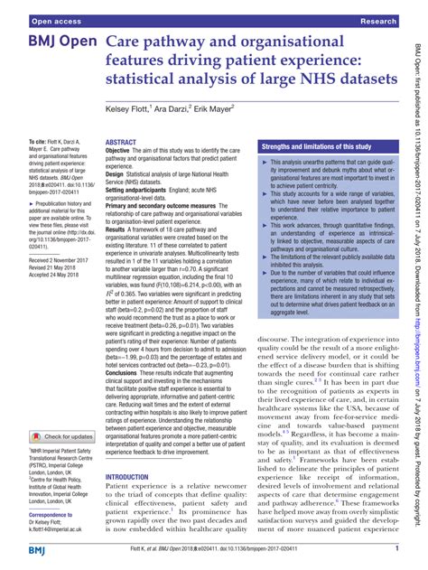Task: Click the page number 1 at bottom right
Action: click(x=397, y=548)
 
